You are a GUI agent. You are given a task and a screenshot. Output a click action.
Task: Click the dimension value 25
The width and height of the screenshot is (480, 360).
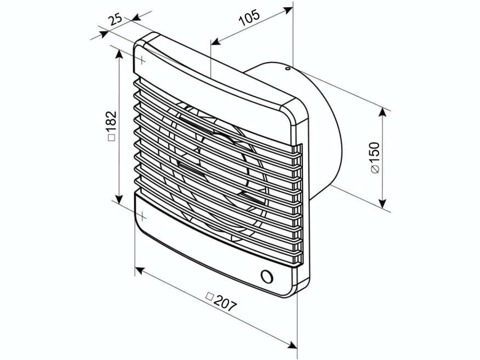pyautogui.click(x=116, y=20)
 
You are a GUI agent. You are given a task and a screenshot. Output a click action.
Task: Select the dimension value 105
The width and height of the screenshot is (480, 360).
pyautogui.click(x=249, y=18)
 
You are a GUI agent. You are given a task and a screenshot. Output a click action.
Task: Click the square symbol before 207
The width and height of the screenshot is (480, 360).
pyautogui.click(x=209, y=296)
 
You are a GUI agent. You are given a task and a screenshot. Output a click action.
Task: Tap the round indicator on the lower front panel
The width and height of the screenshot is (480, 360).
pyautogui.click(x=267, y=276)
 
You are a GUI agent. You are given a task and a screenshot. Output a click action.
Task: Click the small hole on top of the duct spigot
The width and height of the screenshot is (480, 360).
pyautogui.click(x=287, y=68)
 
